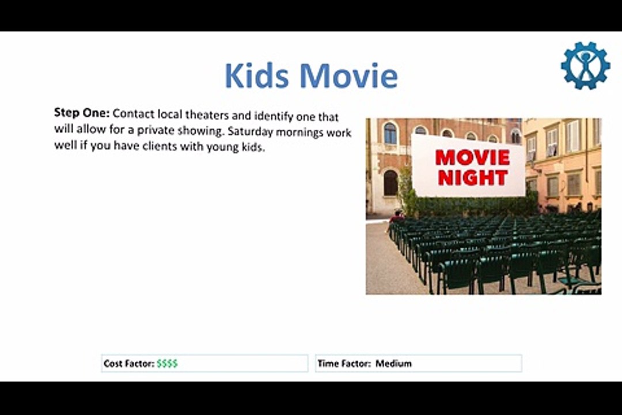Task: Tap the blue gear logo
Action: pyautogui.click(x=585, y=66)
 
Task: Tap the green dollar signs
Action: pyautogui.click(x=167, y=364)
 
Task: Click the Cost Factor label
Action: pyautogui.click(x=128, y=364)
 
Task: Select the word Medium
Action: pyautogui.click(x=393, y=364)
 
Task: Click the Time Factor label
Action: pyautogui.click(x=344, y=364)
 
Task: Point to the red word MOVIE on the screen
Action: pyautogui.click(x=472, y=157)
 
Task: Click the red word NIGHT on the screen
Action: pyautogui.click(x=472, y=178)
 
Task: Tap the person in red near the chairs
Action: pyautogui.click(x=397, y=217)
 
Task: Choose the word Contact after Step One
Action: pyautogui.click(x=134, y=114)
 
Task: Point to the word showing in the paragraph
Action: pyautogui.click(x=203, y=131)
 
